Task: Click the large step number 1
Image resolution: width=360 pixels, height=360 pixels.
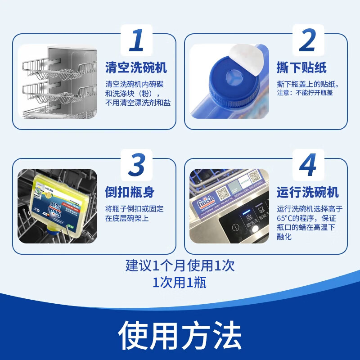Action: pyautogui.click(x=136, y=40)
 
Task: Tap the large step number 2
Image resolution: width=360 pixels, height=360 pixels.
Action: pyautogui.click(x=307, y=40)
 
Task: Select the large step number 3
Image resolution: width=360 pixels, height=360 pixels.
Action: pyautogui.click(x=136, y=165)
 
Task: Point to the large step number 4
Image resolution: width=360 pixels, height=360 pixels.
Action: pyautogui.click(x=307, y=165)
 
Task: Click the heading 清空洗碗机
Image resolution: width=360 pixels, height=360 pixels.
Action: pyautogui.click(x=136, y=68)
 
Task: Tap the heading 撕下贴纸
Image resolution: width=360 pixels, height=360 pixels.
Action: pyautogui.click(x=301, y=68)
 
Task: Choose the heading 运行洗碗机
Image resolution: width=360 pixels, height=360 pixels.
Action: pyautogui.click(x=307, y=193)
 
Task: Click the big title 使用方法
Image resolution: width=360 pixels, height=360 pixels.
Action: pyautogui.click(x=180, y=335)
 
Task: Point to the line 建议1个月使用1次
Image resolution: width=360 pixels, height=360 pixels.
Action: pyautogui.click(x=180, y=265)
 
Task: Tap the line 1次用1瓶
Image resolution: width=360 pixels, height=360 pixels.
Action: pyautogui.click(x=180, y=283)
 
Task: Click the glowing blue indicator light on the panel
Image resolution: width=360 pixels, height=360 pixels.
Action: pyautogui.click(x=247, y=211)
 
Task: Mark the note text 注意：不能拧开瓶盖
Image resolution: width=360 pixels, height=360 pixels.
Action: pyautogui.click(x=306, y=93)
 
